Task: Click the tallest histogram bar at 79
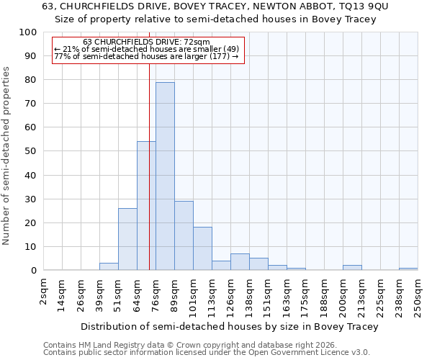coord(165,176)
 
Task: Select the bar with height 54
coord(146,206)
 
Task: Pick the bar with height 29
coord(184,235)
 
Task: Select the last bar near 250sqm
coord(408,269)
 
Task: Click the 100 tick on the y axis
coord(29,32)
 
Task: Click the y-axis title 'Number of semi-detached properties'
coord(6,156)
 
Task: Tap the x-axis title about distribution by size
coord(229,326)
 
